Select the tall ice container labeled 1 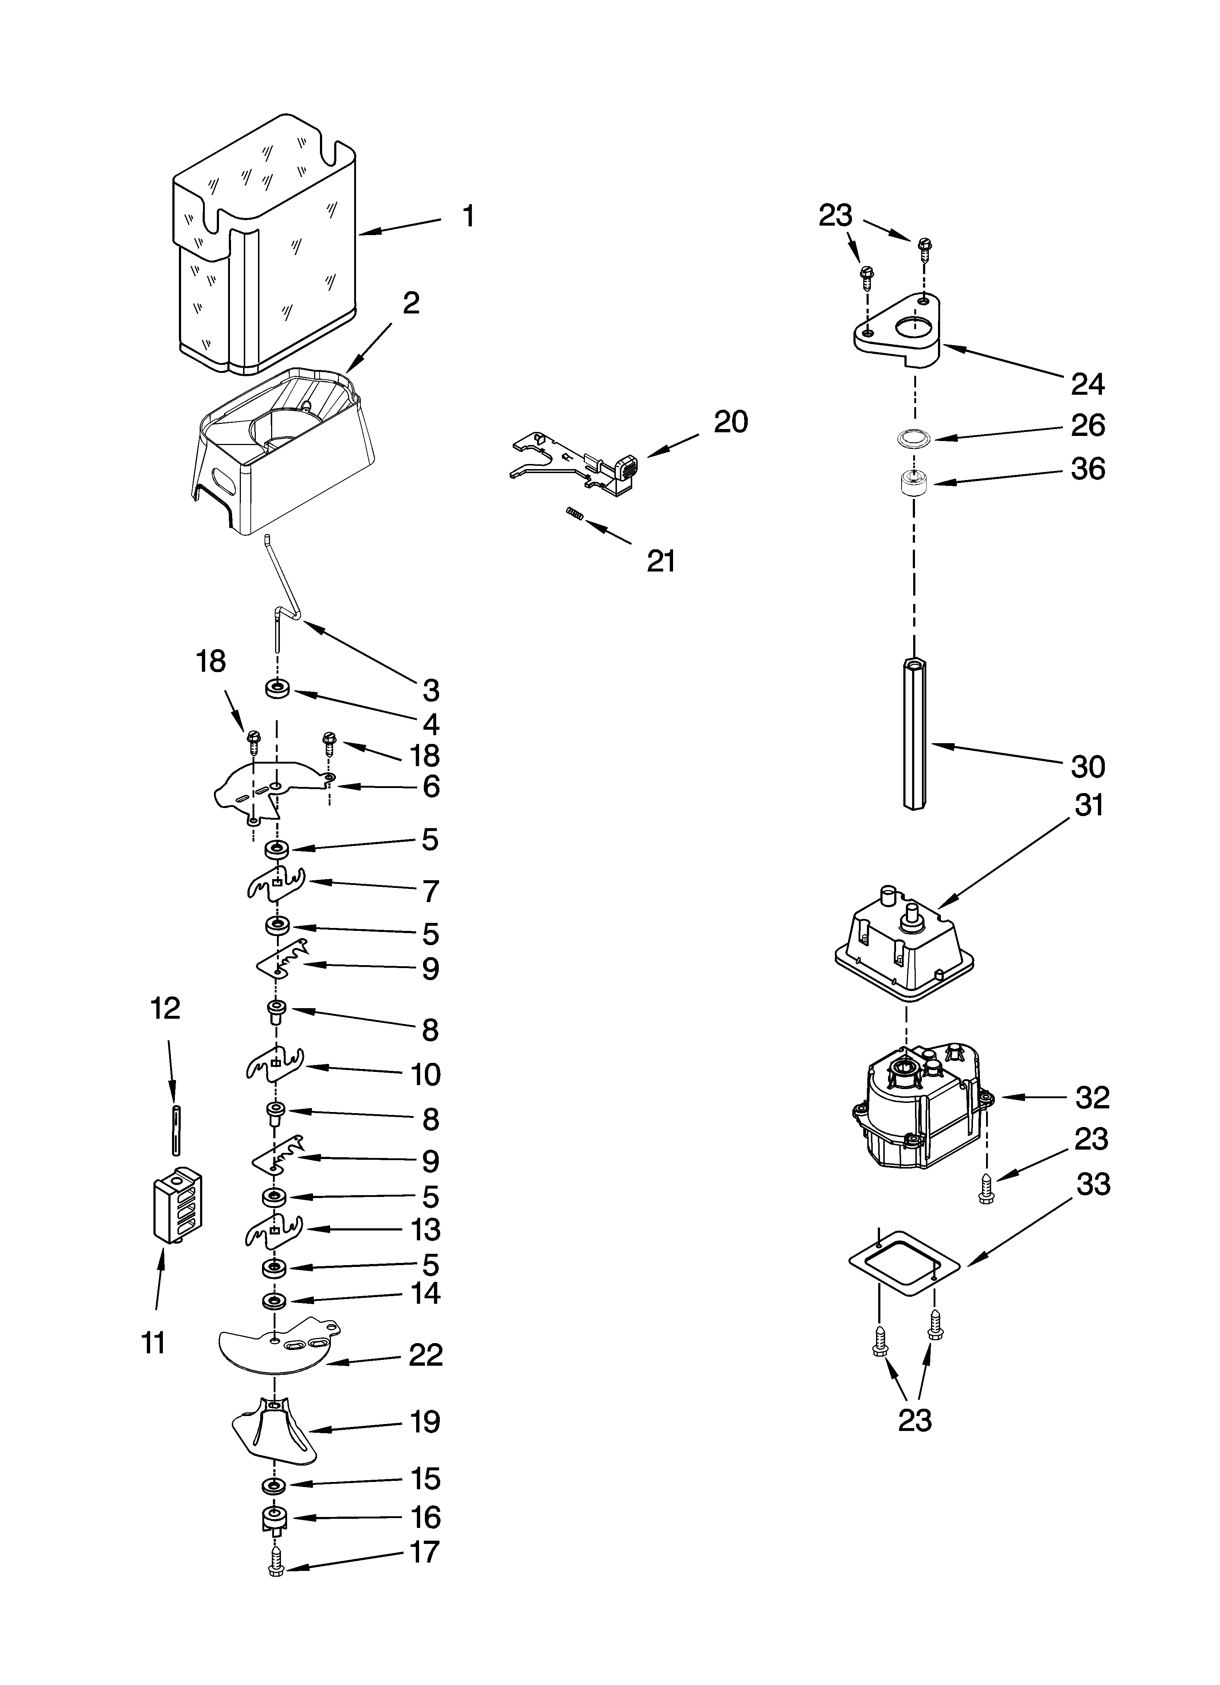point(264,245)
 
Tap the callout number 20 point(730,422)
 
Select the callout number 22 point(426,1354)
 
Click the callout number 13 point(426,1229)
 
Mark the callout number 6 point(431,786)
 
